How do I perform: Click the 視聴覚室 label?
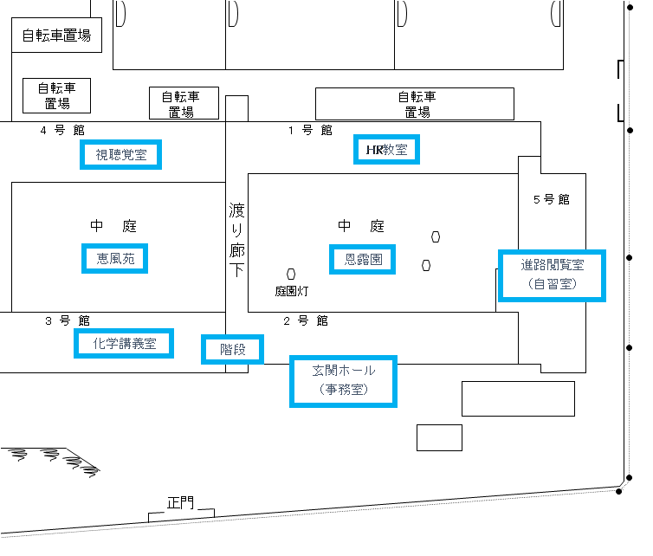coord(120,155)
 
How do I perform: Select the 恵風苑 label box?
coord(115,258)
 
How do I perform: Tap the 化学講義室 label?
coord(124,344)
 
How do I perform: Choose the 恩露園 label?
coord(363,259)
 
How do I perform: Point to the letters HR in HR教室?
coord(375,150)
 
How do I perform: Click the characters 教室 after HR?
coord(395,150)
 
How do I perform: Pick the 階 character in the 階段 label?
coord(226,350)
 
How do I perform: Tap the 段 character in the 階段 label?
coord(240,350)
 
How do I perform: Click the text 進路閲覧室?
coord(552,265)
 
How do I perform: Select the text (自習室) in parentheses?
coord(552,283)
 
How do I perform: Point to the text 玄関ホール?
coord(344,371)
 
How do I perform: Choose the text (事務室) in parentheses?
coord(344,390)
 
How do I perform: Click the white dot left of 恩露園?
coord(291,274)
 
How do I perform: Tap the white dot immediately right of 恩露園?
coord(426,265)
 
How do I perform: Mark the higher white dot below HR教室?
coord(436,236)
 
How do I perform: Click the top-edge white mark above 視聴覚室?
coord(120,13)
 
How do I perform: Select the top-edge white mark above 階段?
coord(233,13)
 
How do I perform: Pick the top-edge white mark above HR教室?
coord(402,13)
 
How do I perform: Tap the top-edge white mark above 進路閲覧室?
coord(555,13)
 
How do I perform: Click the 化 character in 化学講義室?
coord(99,344)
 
